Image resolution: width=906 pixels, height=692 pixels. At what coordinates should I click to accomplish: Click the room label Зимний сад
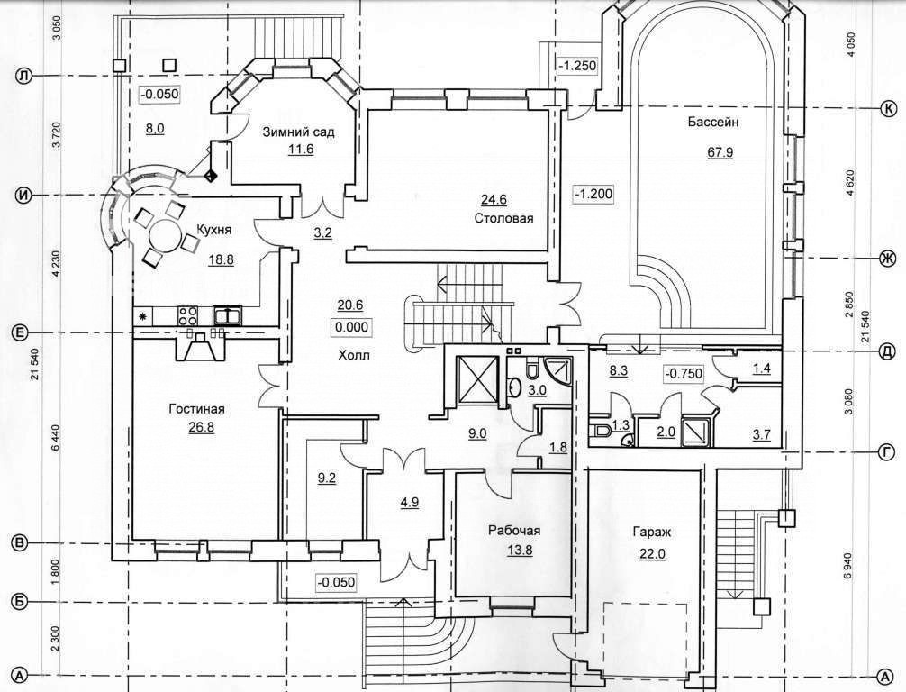click(299, 132)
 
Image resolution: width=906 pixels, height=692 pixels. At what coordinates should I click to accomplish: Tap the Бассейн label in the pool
click(713, 122)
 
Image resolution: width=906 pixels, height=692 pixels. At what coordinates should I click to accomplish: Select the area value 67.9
click(720, 152)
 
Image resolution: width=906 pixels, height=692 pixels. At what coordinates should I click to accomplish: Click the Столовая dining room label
click(503, 219)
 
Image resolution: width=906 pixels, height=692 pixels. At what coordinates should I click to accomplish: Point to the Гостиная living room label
click(196, 409)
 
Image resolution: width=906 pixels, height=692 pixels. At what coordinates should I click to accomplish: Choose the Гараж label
click(652, 532)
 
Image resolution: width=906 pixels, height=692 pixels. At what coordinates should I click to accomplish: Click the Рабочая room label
click(514, 531)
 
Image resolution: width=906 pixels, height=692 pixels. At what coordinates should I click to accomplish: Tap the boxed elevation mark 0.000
click(351, 327)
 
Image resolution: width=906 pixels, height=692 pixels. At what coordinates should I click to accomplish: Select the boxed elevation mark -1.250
click(576, 66)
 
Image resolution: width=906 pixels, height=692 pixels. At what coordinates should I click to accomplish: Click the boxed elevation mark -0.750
click(684, 374)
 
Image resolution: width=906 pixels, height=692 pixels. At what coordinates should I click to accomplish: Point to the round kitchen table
click(167, 234)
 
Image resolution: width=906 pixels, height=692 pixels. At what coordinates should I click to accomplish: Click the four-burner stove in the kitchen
click(187, 315)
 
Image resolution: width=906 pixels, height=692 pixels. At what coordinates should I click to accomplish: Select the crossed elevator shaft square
click(476, 378)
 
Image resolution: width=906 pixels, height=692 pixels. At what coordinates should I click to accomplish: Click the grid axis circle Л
click(23, 77)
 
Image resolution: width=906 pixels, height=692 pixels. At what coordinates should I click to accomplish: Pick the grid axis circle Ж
click(886, 258)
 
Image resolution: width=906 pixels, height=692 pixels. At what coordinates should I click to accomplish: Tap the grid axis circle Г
click(886, 453)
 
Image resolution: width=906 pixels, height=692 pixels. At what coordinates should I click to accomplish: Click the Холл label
click(354, 355)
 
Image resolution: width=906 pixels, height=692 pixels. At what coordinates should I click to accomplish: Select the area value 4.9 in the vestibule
click(410, 503)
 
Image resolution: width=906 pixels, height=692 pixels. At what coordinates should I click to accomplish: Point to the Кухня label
click(213, 230)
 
